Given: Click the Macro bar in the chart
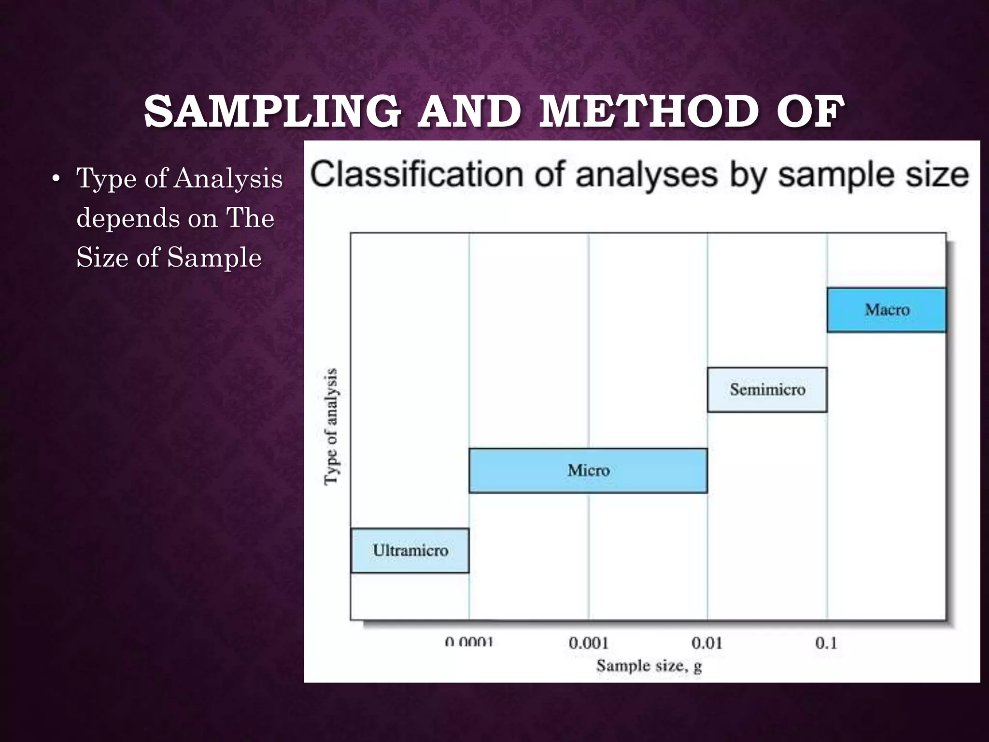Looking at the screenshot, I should (887, 310).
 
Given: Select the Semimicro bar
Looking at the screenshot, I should (767, 389).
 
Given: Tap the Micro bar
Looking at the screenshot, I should (588, 470).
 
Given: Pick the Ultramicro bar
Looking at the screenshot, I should (410, 550).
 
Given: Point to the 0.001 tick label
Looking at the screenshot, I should (588, 643).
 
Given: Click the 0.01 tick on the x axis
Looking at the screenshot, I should (706, 643).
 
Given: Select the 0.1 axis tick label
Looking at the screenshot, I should (826, 643).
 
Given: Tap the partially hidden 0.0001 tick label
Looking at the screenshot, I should (469, 642).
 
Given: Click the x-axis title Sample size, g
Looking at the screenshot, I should (649, 666).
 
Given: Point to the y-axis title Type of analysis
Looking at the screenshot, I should (331, 426).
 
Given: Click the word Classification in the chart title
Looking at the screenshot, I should (417, 175).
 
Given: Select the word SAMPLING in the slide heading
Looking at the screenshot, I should (272, 112).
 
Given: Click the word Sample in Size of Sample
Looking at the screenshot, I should (214, 257).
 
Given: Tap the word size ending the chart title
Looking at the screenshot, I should (937, 175).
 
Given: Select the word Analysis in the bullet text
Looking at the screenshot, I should (228, 179).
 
